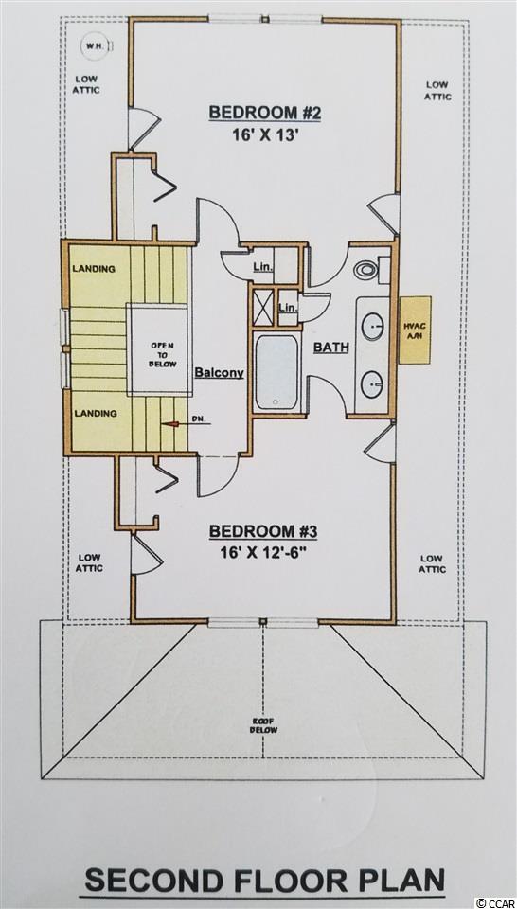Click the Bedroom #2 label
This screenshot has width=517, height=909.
click(x=264, y=113)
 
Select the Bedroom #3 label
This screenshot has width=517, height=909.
click(x=263, y=531)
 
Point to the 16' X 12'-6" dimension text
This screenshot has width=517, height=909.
click(x=263, y=549)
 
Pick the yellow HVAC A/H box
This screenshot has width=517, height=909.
click(x=416, y=330)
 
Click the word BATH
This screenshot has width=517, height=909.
click(x=331, y=348)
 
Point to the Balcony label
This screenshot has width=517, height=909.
click(x=219, y=373)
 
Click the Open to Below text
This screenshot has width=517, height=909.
click(x=158, y=353)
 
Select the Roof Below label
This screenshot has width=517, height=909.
click(x=264, y=725)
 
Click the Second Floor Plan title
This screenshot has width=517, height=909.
click(x=263, y=882)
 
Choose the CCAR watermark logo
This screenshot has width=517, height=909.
click(x=494, y=902)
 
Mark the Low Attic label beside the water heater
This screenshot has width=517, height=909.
click(x=86, y=84)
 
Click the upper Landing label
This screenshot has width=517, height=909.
click(x=94, y=268)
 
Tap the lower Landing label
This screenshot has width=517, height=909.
click(x=95, y=414)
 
